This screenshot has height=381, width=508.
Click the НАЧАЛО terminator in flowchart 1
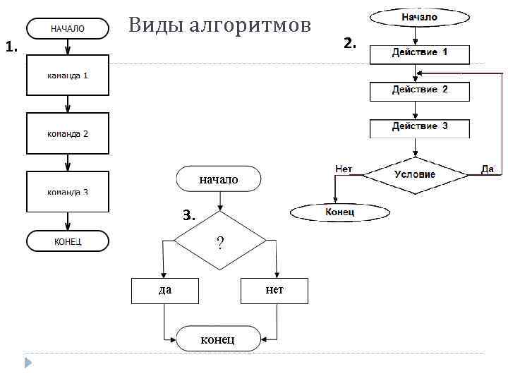68,29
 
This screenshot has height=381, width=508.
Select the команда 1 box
68,75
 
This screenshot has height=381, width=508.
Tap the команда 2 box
68,133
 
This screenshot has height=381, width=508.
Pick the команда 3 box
68,191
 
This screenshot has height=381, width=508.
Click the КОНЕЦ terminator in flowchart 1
68,241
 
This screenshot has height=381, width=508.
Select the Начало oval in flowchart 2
419,17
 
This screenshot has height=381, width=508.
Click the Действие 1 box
419,53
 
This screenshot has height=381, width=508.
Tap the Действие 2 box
419,90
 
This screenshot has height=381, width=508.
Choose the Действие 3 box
419,127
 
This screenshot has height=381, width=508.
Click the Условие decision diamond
415,174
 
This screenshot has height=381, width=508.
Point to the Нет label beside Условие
344,169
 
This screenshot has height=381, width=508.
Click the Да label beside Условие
488,169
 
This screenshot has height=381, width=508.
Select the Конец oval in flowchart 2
340,212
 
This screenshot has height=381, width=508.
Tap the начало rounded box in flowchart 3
219,179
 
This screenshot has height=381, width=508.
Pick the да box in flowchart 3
165,290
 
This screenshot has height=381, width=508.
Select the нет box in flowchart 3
274,290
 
